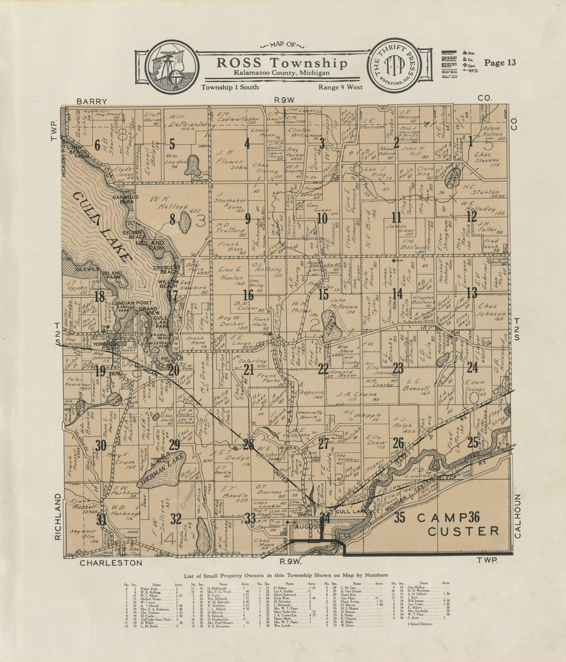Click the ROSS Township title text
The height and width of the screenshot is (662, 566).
coord(282,63)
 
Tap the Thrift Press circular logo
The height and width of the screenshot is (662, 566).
coord(396,66)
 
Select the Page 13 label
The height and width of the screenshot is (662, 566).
coord(500,63)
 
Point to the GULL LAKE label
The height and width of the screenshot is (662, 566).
coord(102,227)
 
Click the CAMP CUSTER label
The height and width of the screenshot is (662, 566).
coord(457,524)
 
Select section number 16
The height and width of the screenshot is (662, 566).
coord(248,295)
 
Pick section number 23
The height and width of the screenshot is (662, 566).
coord(398,368)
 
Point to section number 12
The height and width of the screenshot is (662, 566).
coord(471,217)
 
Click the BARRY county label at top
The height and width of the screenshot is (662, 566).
coord(92,101)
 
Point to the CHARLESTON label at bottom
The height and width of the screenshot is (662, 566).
coord(111,563)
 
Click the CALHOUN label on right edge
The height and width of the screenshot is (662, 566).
coord(517,516)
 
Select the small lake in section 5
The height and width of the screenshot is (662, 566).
coord(193,165)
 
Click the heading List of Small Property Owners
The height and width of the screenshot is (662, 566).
coord(282,575)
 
